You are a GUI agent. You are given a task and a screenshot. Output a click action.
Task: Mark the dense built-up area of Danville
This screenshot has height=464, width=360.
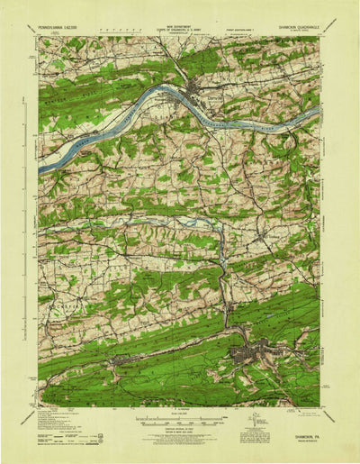(196, 88)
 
